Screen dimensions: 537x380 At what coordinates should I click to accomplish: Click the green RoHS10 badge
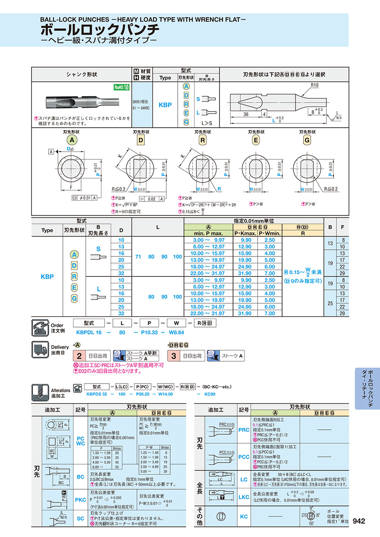pos(121,87)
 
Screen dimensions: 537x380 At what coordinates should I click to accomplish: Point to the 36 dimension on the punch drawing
pos(246,114)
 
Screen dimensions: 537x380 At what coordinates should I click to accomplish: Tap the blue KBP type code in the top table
pos(165,104)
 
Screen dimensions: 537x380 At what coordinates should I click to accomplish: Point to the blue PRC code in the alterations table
pos(244,430)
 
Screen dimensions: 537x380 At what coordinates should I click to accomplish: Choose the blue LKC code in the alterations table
pos(244,497)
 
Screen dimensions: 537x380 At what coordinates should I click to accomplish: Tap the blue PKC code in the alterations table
pos(81,500)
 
